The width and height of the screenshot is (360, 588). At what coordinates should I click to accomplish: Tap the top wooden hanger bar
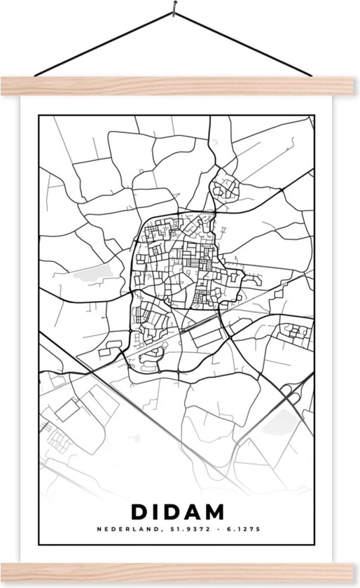point(180,86)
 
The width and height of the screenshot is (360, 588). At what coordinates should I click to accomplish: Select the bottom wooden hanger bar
point(180,578)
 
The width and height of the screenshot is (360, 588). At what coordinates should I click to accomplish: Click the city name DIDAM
point(180,511)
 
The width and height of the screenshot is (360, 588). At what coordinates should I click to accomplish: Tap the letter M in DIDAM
point(223,511)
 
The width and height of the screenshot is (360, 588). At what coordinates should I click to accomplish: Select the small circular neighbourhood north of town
point(227,187)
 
